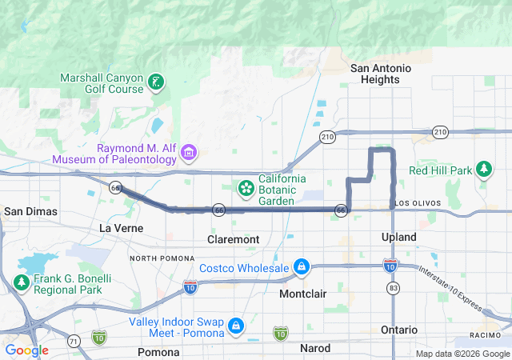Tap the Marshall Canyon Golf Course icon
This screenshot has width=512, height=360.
[157, 82]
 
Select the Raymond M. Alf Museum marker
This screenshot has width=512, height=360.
[189, 152]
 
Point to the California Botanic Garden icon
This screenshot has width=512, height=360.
[246, 188]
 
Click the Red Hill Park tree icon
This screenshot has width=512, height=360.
[483, 169]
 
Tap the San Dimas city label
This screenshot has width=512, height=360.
[25, 211]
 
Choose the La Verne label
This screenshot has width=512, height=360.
[121, 228]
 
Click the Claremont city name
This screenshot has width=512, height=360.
[233, 239]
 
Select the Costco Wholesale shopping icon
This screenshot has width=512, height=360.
[301, 266]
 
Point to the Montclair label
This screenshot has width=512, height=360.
[303, 294]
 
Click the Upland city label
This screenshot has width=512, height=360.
[398, 238]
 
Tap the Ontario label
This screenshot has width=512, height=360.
[398, 330]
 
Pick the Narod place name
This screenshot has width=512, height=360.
[314, 349]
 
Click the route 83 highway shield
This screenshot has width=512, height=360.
[392, 286]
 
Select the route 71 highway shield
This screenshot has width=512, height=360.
[73, 342]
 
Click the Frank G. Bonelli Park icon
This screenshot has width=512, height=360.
[20, 282]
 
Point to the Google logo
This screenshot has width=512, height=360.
[26, 350]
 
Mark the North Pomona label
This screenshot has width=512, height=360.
[162, 258]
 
